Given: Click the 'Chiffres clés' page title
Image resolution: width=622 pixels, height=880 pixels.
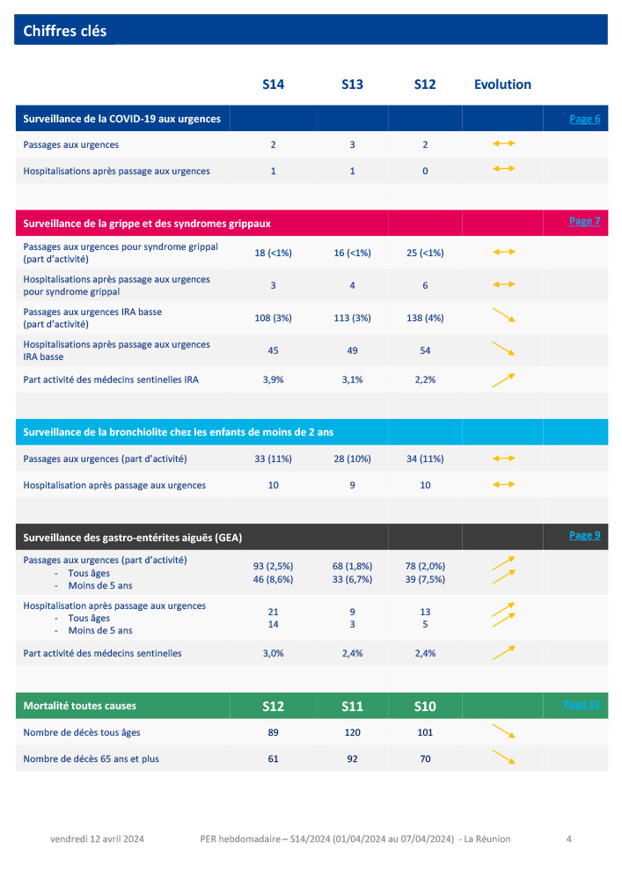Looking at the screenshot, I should pos(65,31).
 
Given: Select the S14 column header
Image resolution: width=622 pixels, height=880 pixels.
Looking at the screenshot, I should pos(274,84).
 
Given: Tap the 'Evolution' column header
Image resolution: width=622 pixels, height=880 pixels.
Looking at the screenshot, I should pos(502,84).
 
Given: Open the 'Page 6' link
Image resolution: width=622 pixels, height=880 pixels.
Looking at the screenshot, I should pos(584,119).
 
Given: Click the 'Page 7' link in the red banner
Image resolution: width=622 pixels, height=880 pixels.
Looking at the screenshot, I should pos(584,221).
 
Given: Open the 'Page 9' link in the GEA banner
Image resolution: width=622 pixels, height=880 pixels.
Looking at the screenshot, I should pos(584,535).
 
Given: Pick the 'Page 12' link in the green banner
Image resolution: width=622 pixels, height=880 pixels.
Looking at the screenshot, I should pos(582,704).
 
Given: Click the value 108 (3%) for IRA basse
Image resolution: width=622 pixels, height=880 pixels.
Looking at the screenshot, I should pos(274,318).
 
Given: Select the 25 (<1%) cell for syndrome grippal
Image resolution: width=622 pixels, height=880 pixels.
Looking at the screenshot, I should pos(425,253).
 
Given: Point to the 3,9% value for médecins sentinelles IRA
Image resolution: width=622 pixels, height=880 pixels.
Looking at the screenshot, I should pos(274,379).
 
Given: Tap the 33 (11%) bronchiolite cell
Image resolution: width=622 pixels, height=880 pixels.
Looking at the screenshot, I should pos(274,458).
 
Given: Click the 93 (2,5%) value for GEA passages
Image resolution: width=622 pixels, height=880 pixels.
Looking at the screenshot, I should pos(274,566).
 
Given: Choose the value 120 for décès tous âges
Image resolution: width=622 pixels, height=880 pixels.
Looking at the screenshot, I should pos(352,732).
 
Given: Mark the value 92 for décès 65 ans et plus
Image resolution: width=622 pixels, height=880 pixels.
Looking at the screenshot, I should pos(352,759).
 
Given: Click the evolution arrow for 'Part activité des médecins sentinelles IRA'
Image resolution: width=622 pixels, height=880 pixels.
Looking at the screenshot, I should pos(503,379).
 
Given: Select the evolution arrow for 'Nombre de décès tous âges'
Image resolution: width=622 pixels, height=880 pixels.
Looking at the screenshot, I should pos(503,731).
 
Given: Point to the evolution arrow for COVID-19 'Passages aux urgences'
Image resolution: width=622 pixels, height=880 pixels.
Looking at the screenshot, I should pos(503,143).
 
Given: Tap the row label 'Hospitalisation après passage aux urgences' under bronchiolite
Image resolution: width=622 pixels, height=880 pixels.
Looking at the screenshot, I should pos(114,485).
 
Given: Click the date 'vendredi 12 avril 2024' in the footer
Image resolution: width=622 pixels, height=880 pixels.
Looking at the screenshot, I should pos(97,839).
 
